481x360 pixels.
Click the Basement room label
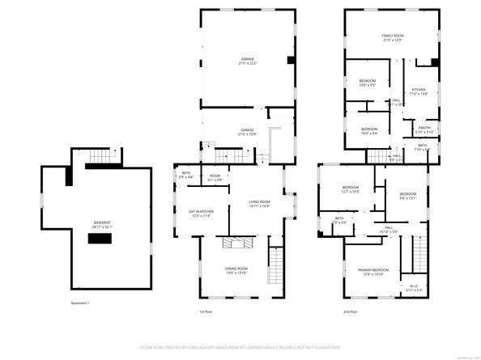[102, 223]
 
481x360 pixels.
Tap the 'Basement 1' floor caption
[80, 303]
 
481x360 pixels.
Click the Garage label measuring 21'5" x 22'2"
[246, 61]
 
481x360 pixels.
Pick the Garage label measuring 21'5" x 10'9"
[246, 131]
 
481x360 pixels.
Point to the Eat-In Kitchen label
[201, 213]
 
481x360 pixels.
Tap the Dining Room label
[236, 270]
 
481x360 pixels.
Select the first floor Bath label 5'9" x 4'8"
[186, 174]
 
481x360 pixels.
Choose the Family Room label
[393, 38]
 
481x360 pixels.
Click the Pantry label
[424, 129]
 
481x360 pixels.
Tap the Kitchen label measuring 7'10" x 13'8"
[419, 91]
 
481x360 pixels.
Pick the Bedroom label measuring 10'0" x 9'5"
[369, 83]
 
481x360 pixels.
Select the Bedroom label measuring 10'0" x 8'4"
[369, 131]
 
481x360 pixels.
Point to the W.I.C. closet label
[412, 287]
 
